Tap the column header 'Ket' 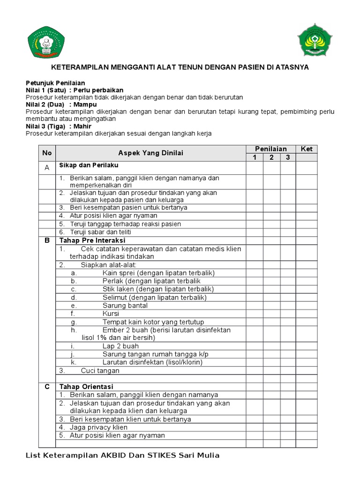click(x=307, y=149)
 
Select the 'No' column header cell click(x=47, y=153)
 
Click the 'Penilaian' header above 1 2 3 click(x=271, y=149)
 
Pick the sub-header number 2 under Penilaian click(x=271, y=157)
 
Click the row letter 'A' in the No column click(x=47, y=167)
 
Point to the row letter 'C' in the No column click(x=47, y=387)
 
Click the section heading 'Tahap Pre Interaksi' click(x=92, y=240)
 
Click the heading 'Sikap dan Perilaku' click(x=89, y=165)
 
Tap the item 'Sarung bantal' click(x=125, y=306)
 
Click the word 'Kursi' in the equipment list click(x=111, y=314)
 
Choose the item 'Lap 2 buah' click(x=121, y=346)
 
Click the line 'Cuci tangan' click(x=100, y=370)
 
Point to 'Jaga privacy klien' click(x=98, y=427)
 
